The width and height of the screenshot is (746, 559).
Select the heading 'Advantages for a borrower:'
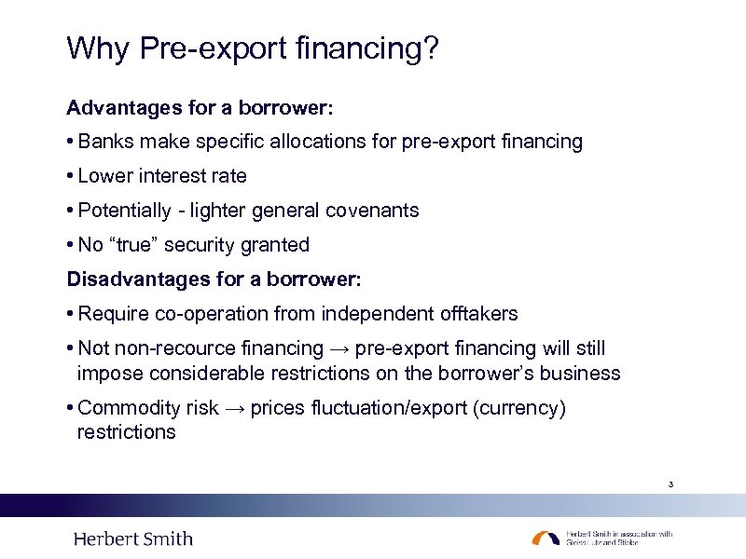coord(200,108)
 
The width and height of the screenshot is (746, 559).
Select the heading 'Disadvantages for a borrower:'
coord(213,279)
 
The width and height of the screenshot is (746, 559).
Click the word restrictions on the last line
coord(126,432)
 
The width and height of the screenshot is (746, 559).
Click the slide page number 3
coord(670,484)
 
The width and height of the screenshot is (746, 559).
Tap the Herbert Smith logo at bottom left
coord(133,539)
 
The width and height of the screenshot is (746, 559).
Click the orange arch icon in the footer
coord(546,539)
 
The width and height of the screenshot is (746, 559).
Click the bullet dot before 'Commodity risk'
coord(71,409)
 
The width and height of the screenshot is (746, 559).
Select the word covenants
coord(372,211)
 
